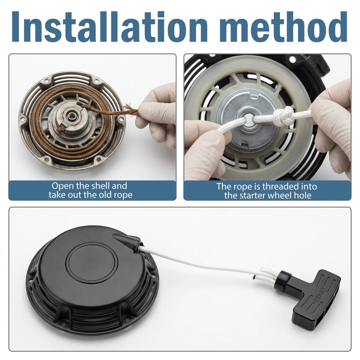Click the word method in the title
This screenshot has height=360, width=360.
pyautogui.click(x=283, y=26)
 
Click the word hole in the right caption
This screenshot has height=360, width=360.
pyautogui.click(x=304, y=195)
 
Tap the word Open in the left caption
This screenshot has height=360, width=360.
pyautogui.click(x=62, y=186)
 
